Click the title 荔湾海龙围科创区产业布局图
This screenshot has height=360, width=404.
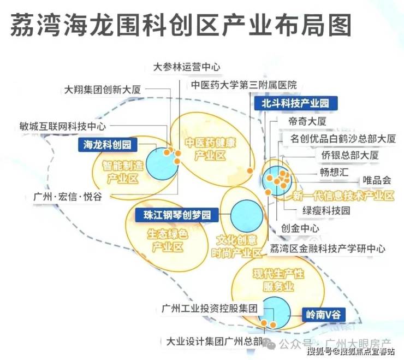coord(181,25)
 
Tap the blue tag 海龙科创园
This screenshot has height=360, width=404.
coord(108,145)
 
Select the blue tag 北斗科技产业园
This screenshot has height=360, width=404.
coord(295,103)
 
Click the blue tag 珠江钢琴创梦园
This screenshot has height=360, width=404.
coord(177,215)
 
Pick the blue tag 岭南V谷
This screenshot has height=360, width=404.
coord(323,315)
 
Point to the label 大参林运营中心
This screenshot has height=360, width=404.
coord(187,67)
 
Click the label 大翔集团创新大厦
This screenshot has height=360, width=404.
coord(102,90)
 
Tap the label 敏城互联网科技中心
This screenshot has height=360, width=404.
coord(63,126)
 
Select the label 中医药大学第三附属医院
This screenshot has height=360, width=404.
coord(243,85)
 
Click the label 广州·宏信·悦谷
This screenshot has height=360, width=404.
coord(68,197)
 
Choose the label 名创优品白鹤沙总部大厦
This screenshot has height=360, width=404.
coord(343,139)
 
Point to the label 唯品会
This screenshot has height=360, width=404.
coord(377,180)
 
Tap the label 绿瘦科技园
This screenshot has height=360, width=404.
coord(326,211)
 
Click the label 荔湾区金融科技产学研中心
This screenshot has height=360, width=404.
coord(327,249)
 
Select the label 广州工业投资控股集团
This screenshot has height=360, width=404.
coord(210,308)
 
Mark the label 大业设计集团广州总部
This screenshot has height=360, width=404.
coord(215,341)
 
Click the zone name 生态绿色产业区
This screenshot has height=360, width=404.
coord(168,240)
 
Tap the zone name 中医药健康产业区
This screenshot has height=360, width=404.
coord(210,149)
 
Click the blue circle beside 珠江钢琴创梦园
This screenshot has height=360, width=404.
coord(247,216)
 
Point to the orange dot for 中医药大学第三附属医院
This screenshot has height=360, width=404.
coord(249,170)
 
